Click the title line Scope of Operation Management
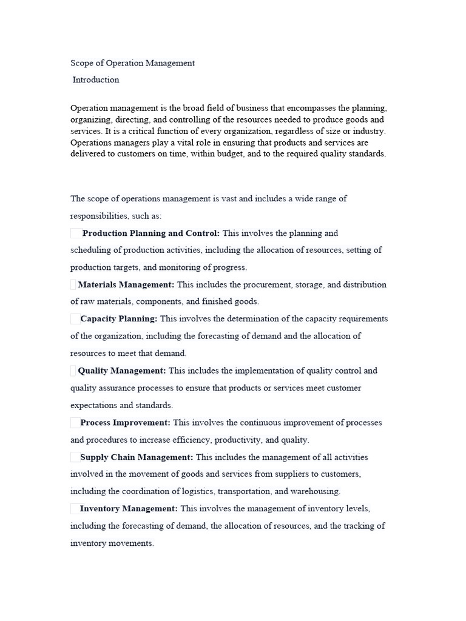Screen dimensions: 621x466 point(132,63)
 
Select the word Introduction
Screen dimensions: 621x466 point(96,80)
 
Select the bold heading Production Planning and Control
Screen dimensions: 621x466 point(151,233)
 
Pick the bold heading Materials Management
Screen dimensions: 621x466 point(126,284)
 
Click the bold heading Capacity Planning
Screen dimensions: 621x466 point(119,318)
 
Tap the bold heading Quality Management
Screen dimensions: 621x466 point(122,371)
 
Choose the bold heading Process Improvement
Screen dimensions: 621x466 point(126,423)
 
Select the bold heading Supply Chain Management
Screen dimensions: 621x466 point(137,457)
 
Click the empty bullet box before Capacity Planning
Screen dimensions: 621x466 point(75,319)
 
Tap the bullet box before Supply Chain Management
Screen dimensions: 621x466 point(75,457)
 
